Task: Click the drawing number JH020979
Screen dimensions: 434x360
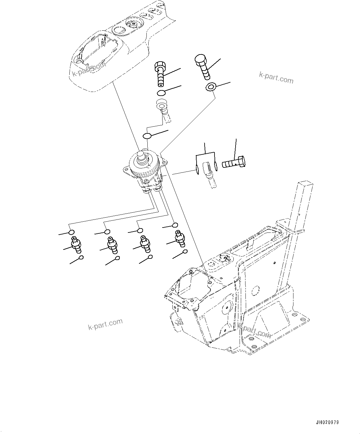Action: pyautogui.click(x=327, y=422)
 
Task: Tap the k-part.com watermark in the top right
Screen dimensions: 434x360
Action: pyautogui.click(x=276, y=78)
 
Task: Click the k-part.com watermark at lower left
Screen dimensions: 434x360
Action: pyautogui.click(x=105, y=324)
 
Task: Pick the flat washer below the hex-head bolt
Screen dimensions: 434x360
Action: pyautogui.click(x=211, y=87)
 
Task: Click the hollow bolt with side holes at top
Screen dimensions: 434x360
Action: pyautogui.click(x=160, y=74)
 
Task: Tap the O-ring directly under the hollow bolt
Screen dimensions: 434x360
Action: pyautogui.click(x=161, y=93)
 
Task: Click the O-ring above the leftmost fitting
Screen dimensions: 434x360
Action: pyautogui.click(x=72, y=232)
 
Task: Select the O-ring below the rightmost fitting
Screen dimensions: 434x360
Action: pyautogui.click(x=185, y=251)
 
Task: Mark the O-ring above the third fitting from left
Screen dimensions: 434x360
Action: pyautogui.click(x=140, y=230)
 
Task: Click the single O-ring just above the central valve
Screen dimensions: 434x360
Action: pyautogui.click(x=147, y=136)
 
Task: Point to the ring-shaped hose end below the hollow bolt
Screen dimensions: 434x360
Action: pyautogui.click(x=162, y=105)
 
